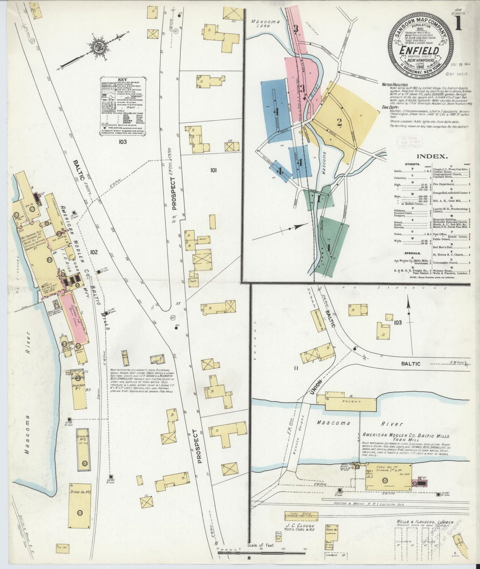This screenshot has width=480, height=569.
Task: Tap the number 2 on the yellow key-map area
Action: [339, 122]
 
